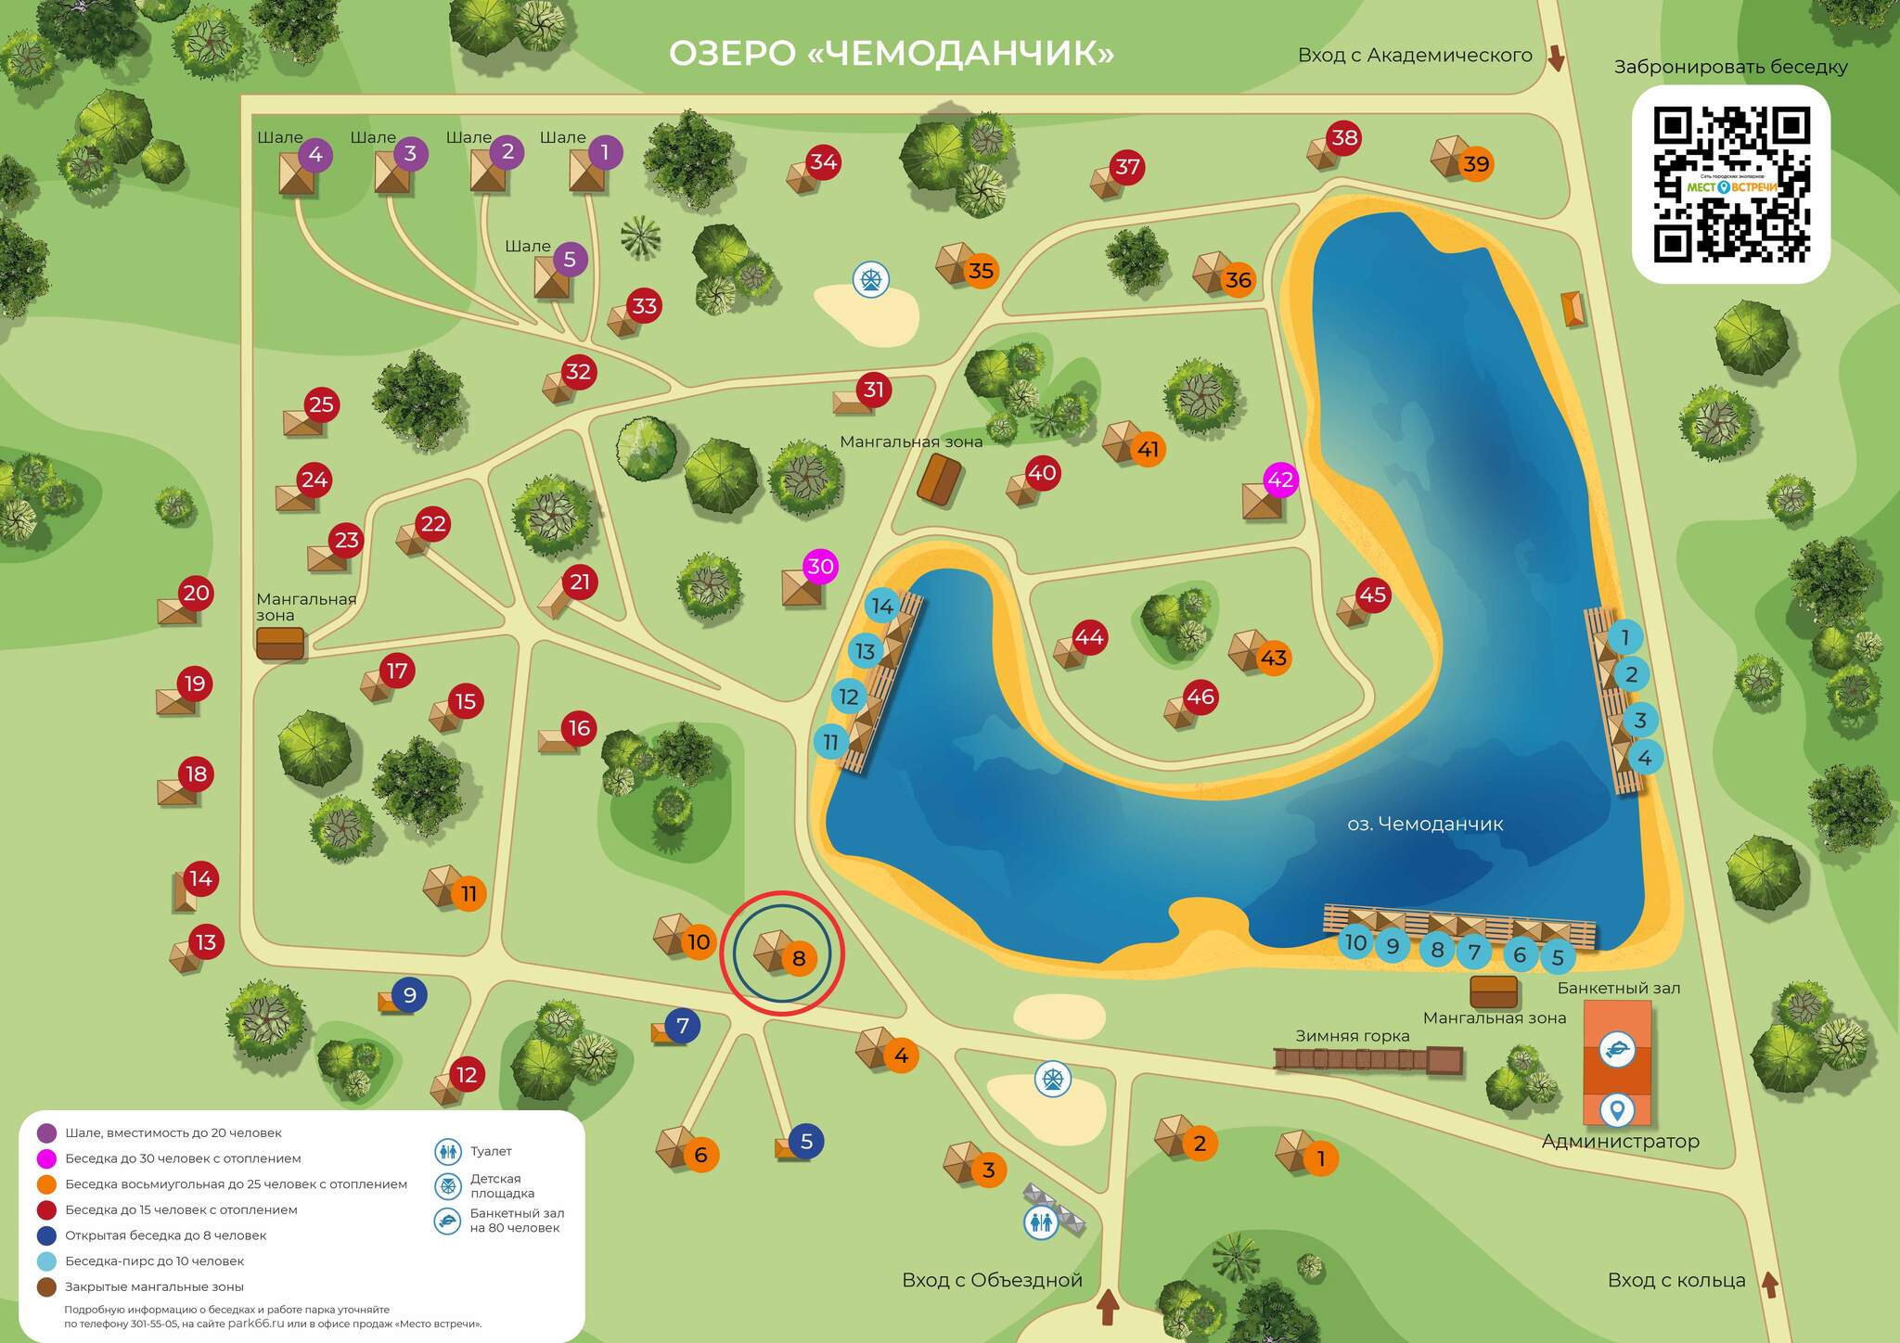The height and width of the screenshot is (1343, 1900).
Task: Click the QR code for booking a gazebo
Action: [x=1730, y=184]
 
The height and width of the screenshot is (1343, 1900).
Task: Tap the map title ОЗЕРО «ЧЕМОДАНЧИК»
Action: [x=891, y=53]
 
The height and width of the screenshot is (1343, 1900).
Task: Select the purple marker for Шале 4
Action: [x=315, y=154]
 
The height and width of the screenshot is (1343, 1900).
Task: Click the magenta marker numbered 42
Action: [x=1280, y=480]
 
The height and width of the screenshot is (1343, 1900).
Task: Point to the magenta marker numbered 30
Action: [x=820, y=566]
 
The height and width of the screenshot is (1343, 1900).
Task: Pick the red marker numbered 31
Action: [x=874, y=390]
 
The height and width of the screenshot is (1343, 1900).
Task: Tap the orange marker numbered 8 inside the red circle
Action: [x=799, y=958]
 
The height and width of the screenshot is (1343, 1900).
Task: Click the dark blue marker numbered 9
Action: [x=409, y=994]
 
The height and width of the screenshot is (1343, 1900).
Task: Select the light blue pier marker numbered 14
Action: [x=882, y=606]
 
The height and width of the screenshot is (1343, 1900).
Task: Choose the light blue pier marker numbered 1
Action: [x=1624, y=637]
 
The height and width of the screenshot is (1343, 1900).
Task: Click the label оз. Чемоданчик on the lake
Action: [x=1425, y=824]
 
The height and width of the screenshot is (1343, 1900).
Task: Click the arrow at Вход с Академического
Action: [x=1556, y=58]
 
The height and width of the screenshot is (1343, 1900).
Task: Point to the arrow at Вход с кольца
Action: [x=1769, y=1285]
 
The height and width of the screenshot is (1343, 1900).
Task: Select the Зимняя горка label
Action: [x=1352, y=1036]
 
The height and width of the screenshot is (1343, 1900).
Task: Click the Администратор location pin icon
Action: [x=1617, y=1109]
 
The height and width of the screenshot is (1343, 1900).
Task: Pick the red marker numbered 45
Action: [x=1372, y=595]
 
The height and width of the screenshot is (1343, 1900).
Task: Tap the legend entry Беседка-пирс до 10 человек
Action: [x=154, y=1261]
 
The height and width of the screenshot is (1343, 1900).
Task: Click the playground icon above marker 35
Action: [x=871, y=278]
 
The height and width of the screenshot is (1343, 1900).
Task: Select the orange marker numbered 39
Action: [x=1475, y=164]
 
